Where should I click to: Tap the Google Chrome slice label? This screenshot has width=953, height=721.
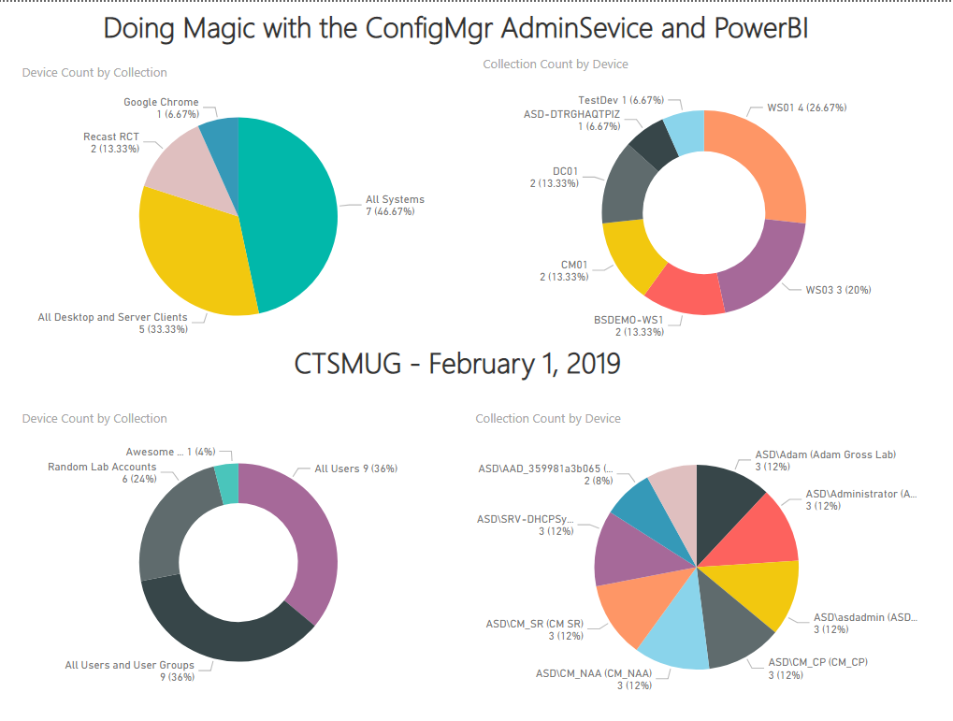(161, 108)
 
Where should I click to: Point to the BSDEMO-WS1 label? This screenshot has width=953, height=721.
(628, 325)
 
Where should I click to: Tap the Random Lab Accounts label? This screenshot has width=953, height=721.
(102, 472)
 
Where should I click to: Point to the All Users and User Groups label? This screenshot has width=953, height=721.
(129, 671)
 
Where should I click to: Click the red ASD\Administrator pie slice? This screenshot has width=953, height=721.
(762, 528)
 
